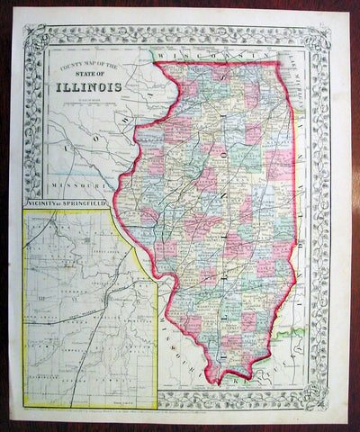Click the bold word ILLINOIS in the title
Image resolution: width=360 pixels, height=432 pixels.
pos(92,88)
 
